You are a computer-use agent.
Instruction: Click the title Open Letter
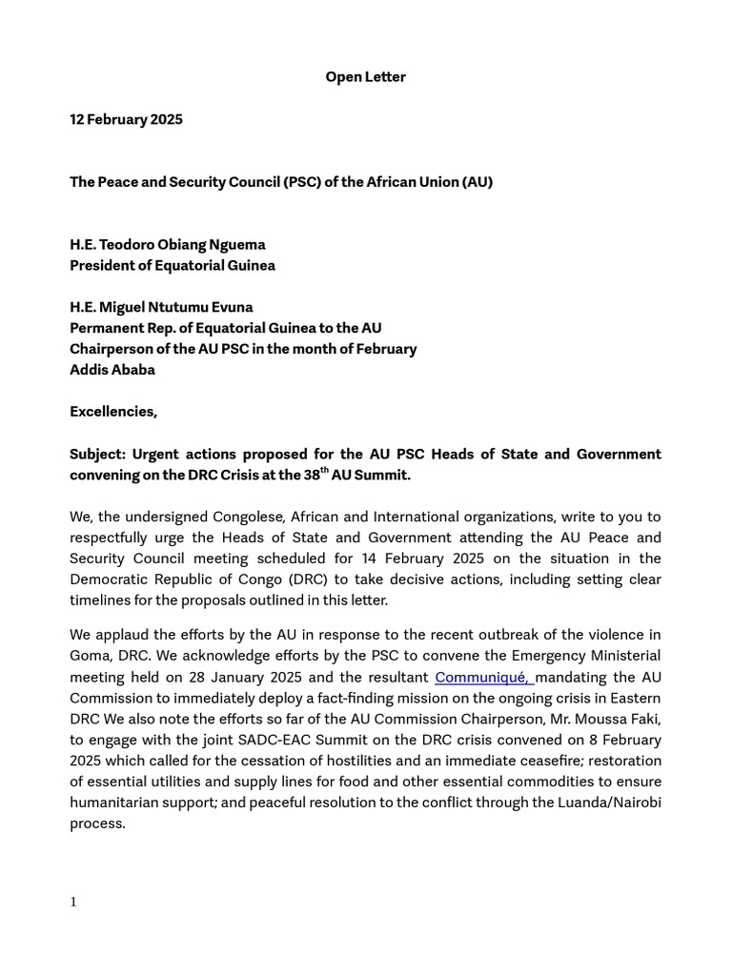pyautogui.click(x=365, y=77)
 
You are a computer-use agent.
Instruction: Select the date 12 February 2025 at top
pyautogui.click(x=126, y=119)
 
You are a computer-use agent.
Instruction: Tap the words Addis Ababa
pyautogui.click(x=112, y=370)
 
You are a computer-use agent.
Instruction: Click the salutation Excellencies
pyautogui.click(x=112, y=412)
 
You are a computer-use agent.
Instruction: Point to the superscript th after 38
pyautogui.click(x=324, y=471)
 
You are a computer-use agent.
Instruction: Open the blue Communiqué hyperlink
pyautogui.click(x=482, y=678)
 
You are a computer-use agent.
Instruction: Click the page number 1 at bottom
pyautogui.click(x=73, y=902)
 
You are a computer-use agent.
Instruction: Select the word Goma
pyautogui.click(x=89, y=657)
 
